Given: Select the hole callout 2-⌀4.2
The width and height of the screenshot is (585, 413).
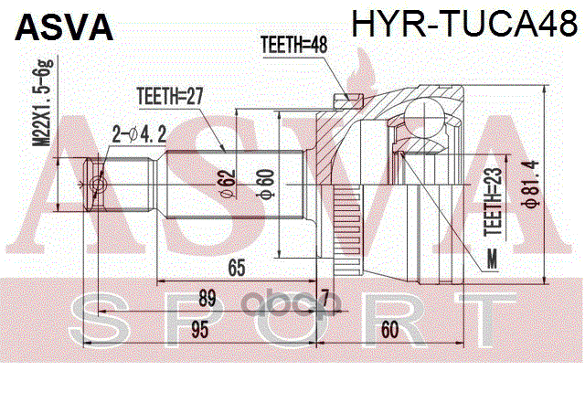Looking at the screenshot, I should pos(139,134).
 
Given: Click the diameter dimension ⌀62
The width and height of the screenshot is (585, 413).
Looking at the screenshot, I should pos(228,183).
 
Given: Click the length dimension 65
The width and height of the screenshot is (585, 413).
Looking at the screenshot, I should pos(237,268).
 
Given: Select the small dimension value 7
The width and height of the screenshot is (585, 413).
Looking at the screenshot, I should pos(324,295).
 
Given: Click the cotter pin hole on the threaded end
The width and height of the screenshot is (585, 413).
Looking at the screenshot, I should pos(99,186).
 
